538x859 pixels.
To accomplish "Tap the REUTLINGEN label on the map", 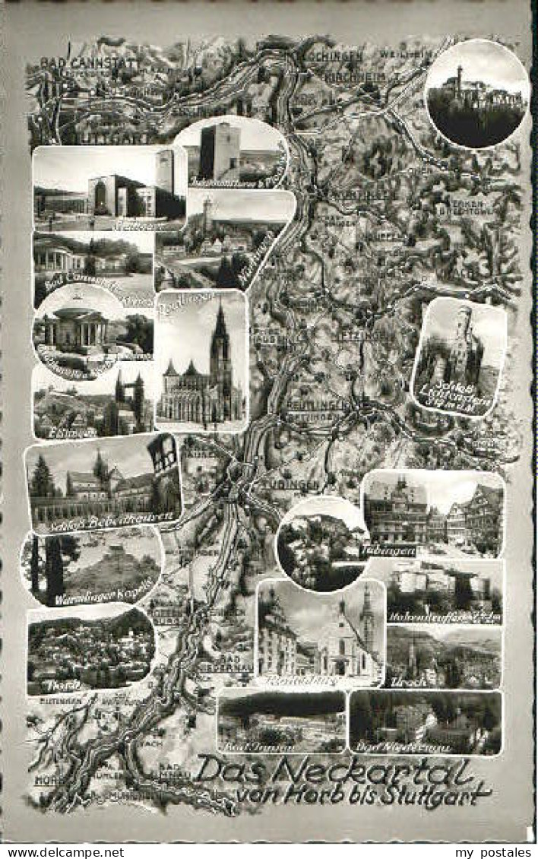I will point(317,404).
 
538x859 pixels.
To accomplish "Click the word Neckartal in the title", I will point(372,771).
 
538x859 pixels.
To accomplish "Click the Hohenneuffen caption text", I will point(433,617).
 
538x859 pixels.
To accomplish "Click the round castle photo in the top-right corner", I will point(476,94).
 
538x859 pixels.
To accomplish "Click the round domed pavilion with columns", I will point(74,327).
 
